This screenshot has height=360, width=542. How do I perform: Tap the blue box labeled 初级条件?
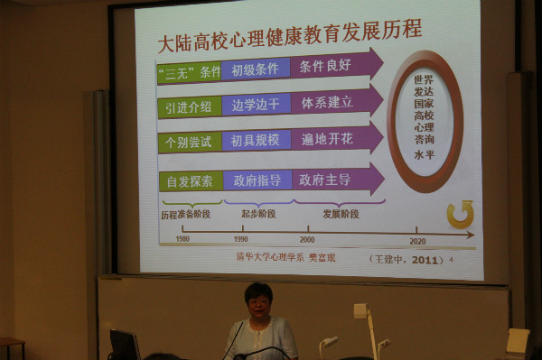(x=256, y=69)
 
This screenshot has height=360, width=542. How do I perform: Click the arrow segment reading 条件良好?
(x=325, y=66)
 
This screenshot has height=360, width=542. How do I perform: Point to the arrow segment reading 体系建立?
(x=327, y=102)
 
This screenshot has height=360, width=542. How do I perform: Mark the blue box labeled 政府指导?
(x=257, y=180)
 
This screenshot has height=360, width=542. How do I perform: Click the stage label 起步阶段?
(x=257, y=214)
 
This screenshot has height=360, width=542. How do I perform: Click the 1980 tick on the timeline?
(x=183, y=234)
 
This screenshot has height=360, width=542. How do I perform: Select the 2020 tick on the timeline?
(x=416, y=233)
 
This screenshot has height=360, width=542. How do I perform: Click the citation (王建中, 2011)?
(x=406, y=260)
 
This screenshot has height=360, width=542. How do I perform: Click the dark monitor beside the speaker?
(x=124, y=344)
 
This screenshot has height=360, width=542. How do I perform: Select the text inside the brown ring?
(x=425, y=122)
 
